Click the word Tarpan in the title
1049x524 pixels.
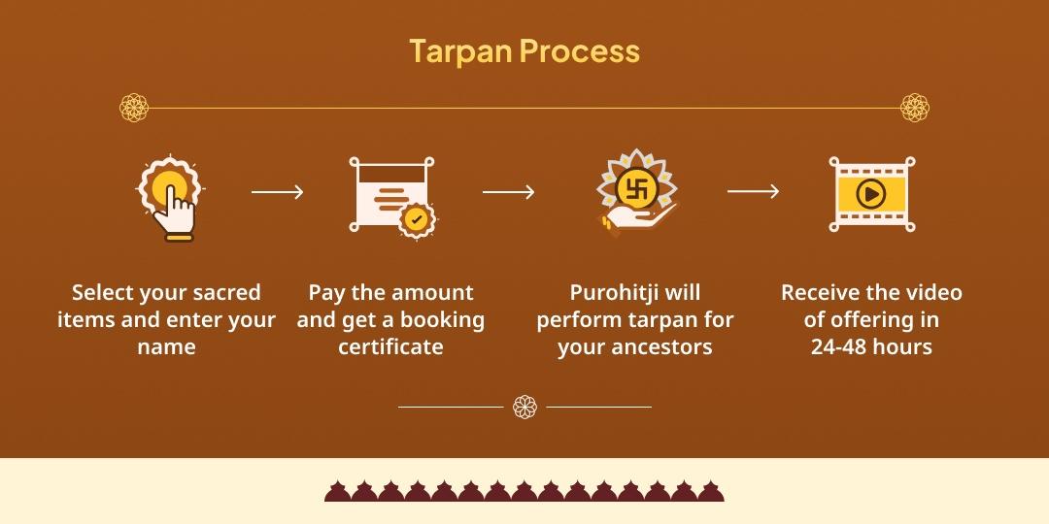(x=459, y=50)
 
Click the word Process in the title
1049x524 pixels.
(x=580, y=50)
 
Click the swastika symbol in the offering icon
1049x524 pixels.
(x=636, y=185)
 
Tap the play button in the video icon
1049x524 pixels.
(x=871, y=195)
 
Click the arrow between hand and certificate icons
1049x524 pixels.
(x=278, y=192)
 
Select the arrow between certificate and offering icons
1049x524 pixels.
(x=509, y=192)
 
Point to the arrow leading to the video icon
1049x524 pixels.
(x=754, y=192)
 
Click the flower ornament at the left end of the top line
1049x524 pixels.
(x=134, y=108)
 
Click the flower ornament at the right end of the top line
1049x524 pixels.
(x=914, y=108)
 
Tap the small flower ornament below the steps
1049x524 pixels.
(x=524, y=407)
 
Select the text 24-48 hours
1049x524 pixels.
(x=871, y=347)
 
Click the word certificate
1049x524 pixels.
(x=390, y=347)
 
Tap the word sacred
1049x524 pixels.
(x=226, y=293)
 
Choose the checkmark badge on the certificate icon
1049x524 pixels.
(x=417, y=219)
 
